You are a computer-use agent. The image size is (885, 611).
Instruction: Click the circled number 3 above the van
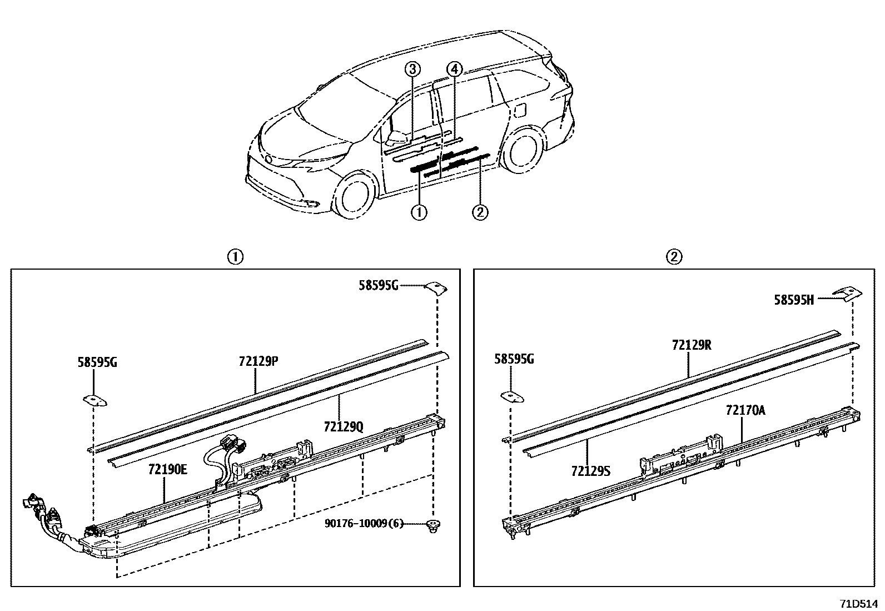(412, 69)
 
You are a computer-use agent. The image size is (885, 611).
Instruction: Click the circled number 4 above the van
(454, 69)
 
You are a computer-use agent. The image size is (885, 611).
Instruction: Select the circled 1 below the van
(419, 212)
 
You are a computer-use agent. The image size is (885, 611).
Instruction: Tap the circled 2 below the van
(480, 212)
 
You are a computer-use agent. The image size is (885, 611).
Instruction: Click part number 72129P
(258, 361)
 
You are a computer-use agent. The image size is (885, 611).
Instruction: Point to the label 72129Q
(343, 426)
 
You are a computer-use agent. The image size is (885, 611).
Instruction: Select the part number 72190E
(167, 469)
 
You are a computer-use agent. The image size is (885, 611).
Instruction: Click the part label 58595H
(794, 300)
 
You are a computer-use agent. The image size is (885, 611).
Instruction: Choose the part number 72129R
(692, 345)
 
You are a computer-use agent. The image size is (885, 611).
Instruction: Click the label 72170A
(745, 410)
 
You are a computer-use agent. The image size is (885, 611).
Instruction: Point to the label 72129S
(590, 471)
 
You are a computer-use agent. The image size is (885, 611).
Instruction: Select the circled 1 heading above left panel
(235, 257)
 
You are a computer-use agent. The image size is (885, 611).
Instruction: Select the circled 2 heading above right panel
(674, 257)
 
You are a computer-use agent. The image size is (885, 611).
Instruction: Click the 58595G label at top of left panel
(379, 286)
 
